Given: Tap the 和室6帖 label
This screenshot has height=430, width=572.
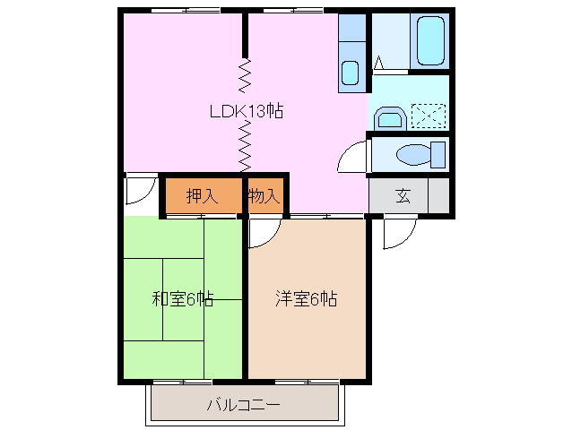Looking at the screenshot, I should point(182,299).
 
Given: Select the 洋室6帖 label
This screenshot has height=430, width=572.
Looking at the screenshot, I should point(306,299).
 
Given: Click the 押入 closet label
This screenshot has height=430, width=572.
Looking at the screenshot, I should point(202,197).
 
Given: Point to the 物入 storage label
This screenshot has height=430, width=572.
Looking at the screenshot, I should point(264,197).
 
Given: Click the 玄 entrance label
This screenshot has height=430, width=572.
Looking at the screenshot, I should point(403,197).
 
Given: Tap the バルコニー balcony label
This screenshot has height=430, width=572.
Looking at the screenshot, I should point(243,405).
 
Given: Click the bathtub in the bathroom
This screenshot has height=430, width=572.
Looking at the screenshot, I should point(430,39).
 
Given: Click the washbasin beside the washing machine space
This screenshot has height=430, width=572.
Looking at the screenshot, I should point(388,117).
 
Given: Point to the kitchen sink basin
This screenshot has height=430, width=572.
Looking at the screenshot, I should point(351,72).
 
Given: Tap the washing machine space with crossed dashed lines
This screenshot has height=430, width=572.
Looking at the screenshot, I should point(428,116).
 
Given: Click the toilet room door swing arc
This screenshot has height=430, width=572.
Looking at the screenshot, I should point(352,159).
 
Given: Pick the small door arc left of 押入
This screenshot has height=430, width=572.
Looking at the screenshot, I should point(139,190).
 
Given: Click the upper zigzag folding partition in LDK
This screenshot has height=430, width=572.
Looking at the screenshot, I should point(245,75).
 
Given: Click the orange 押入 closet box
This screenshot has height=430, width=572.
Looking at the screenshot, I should point(202,197).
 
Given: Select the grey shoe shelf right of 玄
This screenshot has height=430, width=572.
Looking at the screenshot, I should point(438,195).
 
